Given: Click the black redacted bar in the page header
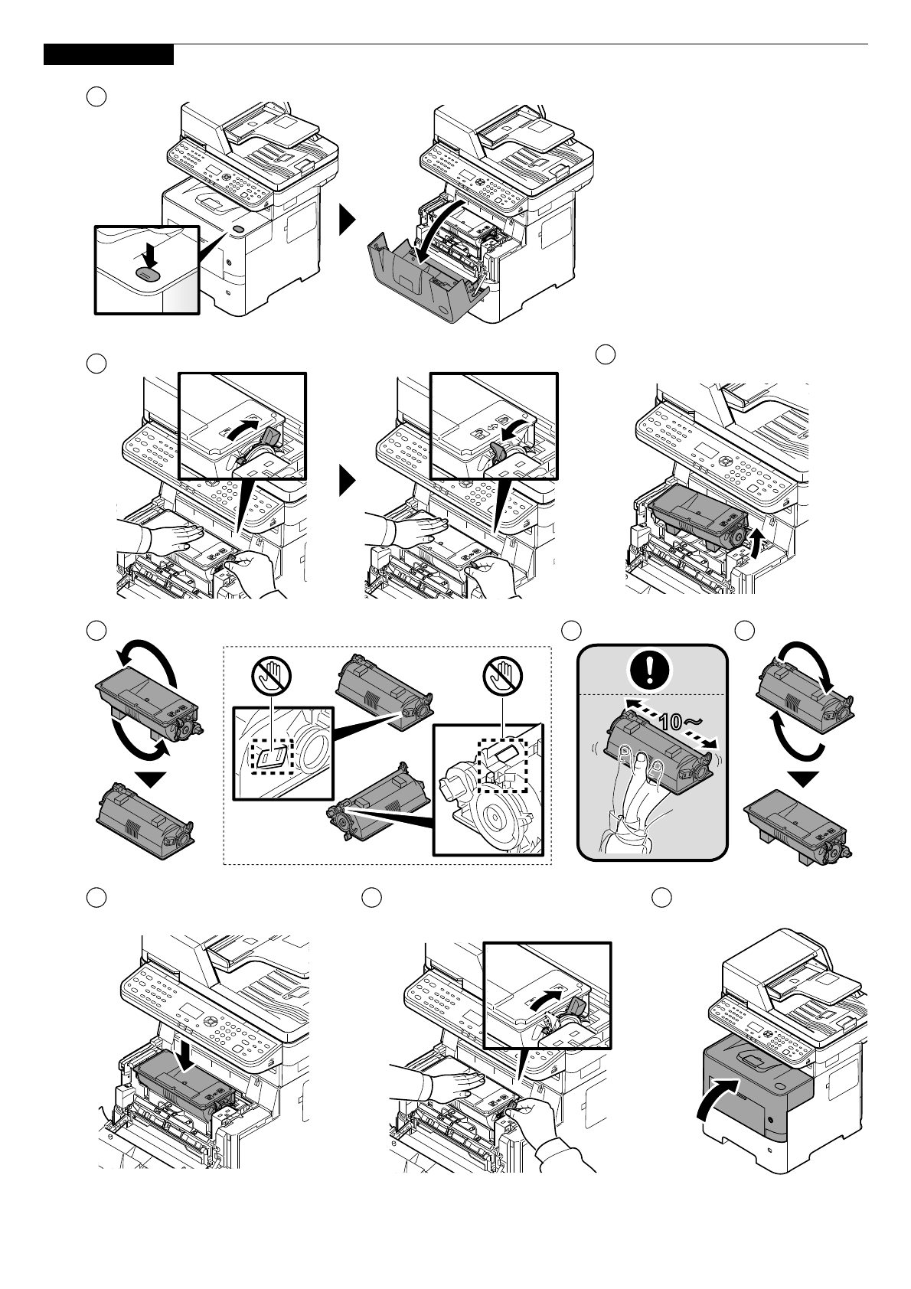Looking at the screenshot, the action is [109, 54].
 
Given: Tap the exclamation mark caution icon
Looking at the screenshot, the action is [650, 670].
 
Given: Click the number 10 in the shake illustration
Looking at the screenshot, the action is [671, 720].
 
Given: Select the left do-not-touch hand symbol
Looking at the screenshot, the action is [271, 677].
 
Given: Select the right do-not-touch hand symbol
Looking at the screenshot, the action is [502, 677].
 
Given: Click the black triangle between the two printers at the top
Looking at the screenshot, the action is [348, 220].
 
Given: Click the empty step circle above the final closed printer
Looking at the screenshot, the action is [661, 898].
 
